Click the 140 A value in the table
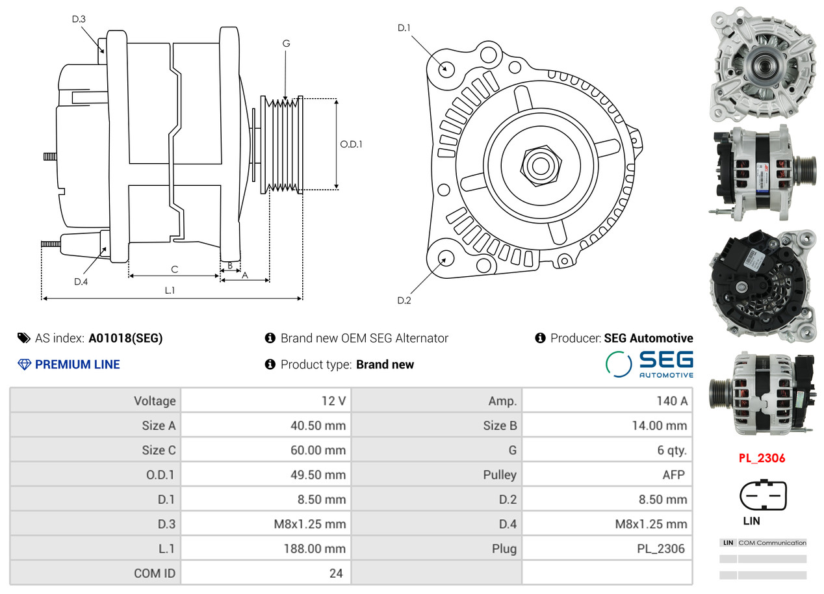tap(672, 401)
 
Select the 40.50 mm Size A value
tap(318, 426)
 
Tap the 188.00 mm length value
tap(315, 549)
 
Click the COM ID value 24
tap(336, 573)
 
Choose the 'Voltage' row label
tap(155, 401)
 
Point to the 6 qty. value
tap(672, 450)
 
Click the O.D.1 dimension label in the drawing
tap(351, 144)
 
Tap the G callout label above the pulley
tap(286, 44)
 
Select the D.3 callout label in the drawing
tap(79, 19)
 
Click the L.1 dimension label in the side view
tap(170, 291)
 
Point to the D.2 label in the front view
tap(404, 300)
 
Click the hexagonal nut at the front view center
tap(541, 166)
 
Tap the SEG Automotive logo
tap(649, 364)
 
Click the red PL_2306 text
tap(762, 458)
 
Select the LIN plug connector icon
tap(763, 495)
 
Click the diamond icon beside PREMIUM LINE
tap(24, 365)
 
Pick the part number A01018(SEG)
tap(125, 339)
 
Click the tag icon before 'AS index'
tap(24, 338)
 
